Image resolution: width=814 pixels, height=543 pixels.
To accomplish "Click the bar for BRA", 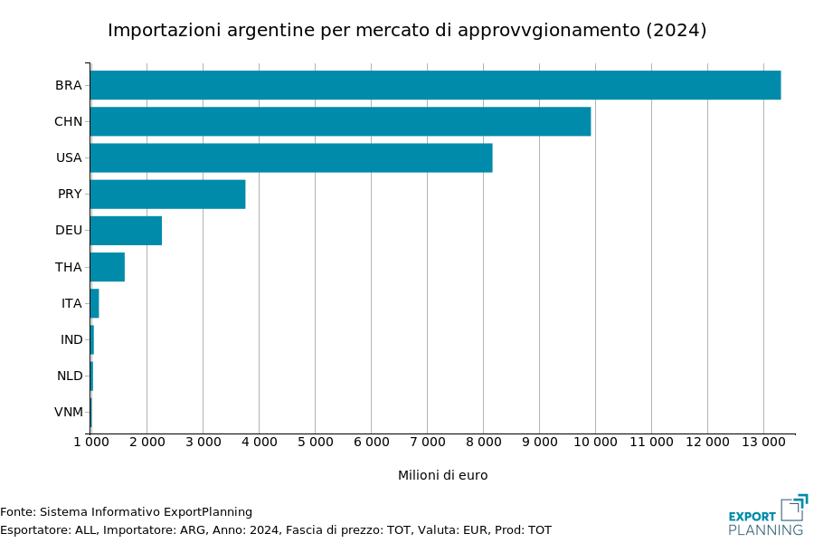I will (x=435, y=85).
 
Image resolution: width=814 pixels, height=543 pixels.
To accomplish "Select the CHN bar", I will (x=340, y=121).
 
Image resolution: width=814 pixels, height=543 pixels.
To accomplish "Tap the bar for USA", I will (x=291, y=157).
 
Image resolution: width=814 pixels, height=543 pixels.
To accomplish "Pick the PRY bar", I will (x=167, y=194).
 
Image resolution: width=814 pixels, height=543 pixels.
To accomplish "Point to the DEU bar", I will (x=126, y=231).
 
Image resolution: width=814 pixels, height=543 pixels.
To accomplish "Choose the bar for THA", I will (x=108, y=267).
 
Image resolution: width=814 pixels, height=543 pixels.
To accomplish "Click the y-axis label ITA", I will (x=71, y=303).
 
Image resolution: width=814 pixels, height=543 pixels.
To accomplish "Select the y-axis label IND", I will (x=71, y=339).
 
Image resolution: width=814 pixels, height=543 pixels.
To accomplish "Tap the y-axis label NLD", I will (x=70, y=376).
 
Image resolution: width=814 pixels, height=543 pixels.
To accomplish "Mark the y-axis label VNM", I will (x=69, y=412).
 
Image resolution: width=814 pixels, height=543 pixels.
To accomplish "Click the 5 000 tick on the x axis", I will (x=315, y=442).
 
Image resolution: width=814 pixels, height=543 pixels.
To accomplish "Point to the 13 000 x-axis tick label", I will (x=763, y=442).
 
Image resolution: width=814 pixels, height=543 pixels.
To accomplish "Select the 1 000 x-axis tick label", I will (x=90, y=442).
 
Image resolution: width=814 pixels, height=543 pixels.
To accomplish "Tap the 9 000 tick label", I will (x=539, y=442).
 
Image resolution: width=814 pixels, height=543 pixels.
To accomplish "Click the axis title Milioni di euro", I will (x=442, y=475).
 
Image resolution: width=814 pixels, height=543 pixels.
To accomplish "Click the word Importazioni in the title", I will (x=162, y=30).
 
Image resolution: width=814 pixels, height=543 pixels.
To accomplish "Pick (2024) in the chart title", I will (x=676, y=30).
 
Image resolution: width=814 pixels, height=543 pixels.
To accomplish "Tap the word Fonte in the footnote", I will (x=16, y=512).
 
